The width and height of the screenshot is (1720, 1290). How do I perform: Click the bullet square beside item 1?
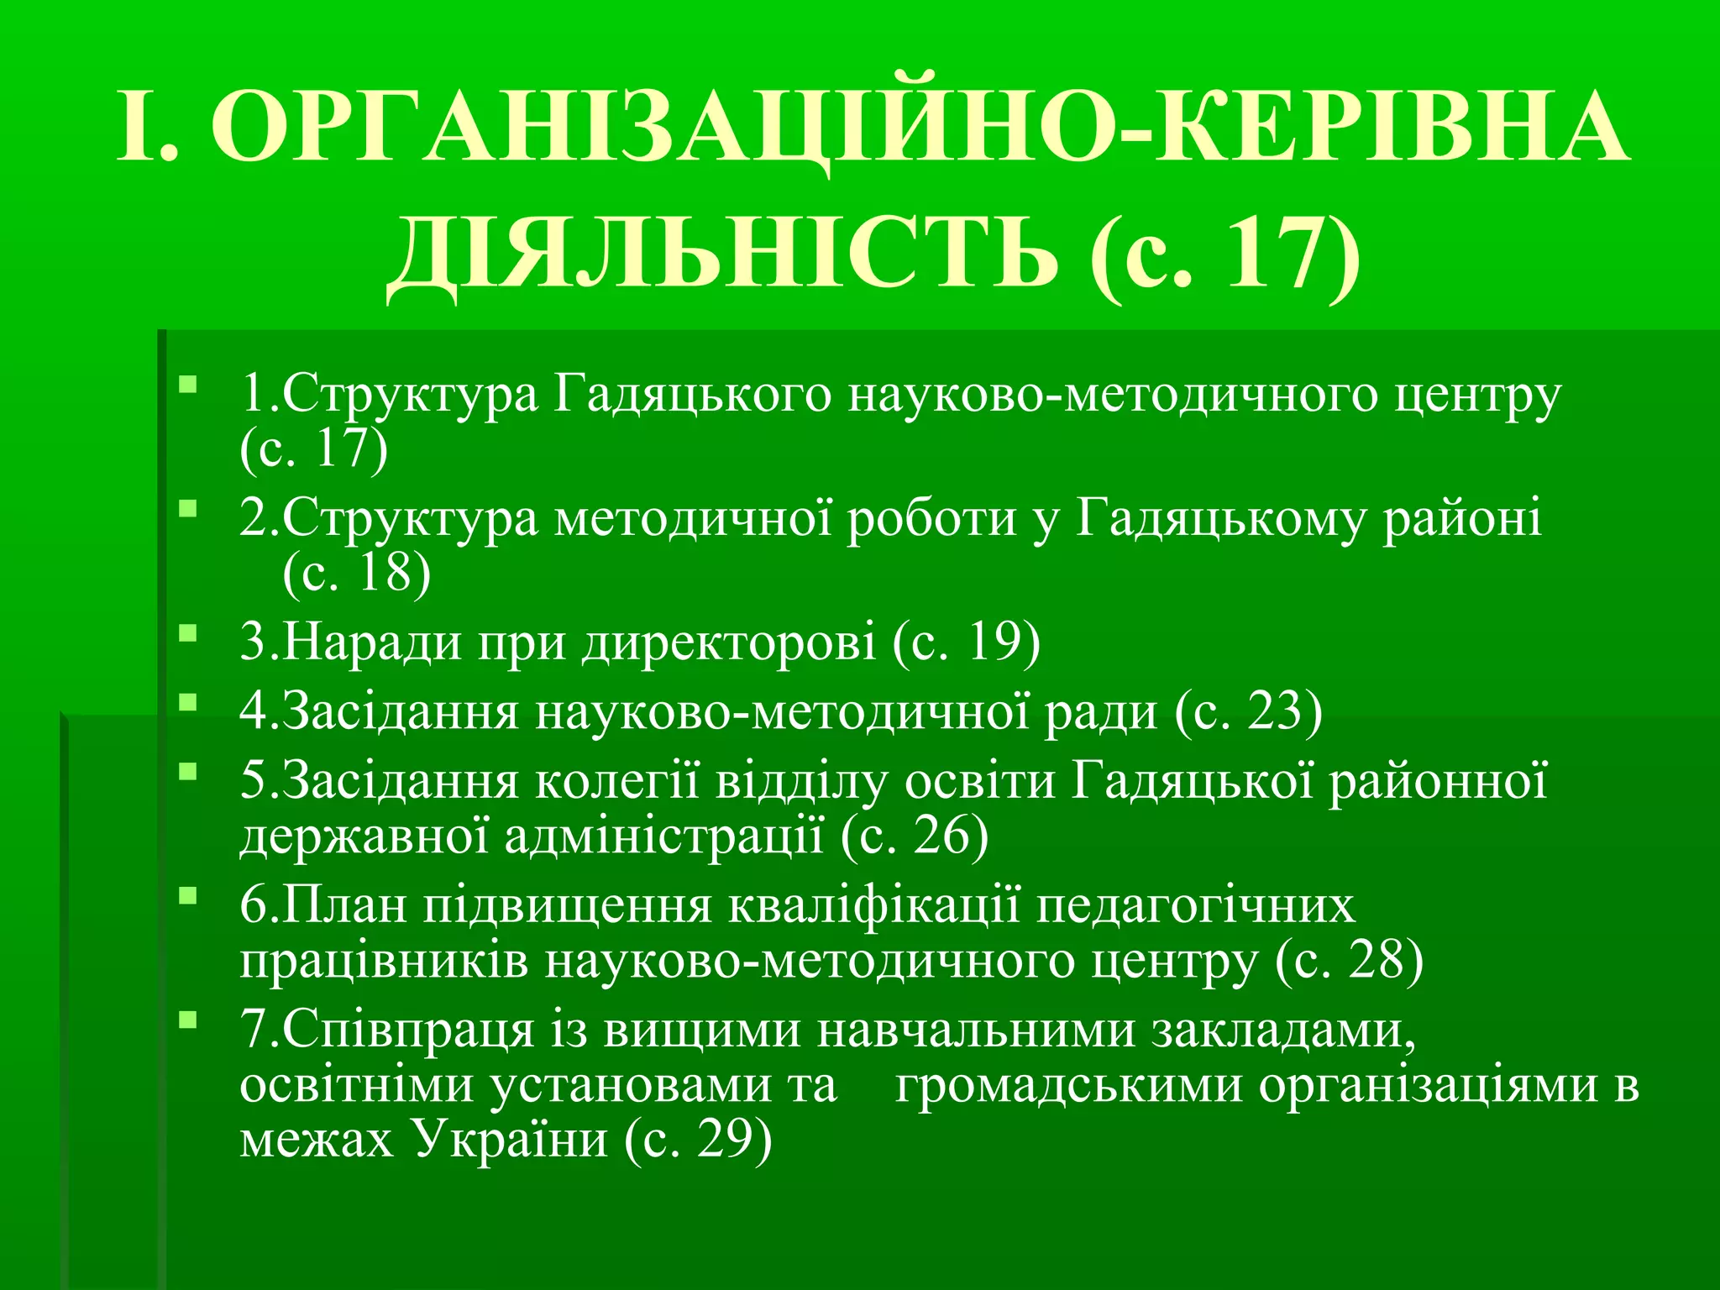coord(187,385)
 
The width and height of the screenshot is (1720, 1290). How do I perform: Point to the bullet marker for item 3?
coord(187,632)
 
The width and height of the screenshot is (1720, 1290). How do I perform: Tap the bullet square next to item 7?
coord(187,1020)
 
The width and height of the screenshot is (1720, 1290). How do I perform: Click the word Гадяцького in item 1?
coord(693,395)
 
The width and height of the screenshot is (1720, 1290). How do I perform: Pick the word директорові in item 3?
coord(729,642)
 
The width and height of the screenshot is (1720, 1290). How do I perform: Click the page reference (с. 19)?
coord(967,642)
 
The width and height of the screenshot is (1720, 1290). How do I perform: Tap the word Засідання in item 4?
coord(400,712)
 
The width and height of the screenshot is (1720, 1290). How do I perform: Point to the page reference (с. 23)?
coord(1248,712)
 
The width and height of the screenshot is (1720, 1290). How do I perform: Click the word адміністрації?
coord(664,836)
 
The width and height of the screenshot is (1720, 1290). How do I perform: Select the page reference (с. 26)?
coord(915,836)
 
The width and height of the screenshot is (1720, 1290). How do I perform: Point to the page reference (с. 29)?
coord(698,1141)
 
